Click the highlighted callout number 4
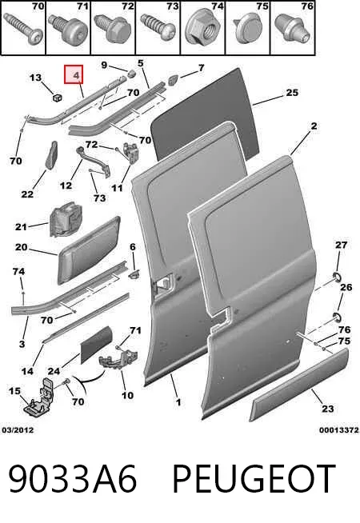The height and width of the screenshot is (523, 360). coord(77,76)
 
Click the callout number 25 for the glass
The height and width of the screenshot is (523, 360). coord(292,93)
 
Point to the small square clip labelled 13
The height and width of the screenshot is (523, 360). coord(58,98)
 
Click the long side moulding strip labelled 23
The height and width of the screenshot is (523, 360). coord(299,385)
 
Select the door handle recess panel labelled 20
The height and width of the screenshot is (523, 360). coord(89,251)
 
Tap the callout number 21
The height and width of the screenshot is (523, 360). coord(21,227)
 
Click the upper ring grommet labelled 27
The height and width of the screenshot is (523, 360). coord(336,277)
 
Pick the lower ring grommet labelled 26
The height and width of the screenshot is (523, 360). coord(337,317)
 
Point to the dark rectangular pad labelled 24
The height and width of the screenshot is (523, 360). coord(97,345)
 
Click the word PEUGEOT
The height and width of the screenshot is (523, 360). coord(254,479)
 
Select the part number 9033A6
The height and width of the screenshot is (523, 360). coord(73,479)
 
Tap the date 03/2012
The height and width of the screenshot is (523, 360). coord(18,430)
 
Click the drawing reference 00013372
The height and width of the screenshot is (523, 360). coord(339,430)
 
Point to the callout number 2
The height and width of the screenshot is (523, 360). coord(314,126)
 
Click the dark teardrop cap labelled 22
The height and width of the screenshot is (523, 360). coord(51,155)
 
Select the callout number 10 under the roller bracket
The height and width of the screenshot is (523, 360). coord(127,396)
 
